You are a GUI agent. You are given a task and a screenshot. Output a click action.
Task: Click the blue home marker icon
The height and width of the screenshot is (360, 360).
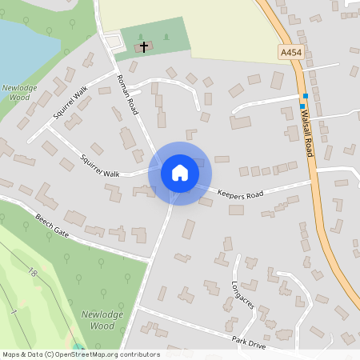(x=180, y=172)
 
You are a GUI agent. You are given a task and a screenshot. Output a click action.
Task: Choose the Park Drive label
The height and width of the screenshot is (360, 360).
(x=249, y=342)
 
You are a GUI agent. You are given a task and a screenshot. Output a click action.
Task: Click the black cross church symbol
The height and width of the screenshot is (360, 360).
(x=144, y=47)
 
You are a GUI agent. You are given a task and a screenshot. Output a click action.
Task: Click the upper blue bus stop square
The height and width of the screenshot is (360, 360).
(x=306, y=96)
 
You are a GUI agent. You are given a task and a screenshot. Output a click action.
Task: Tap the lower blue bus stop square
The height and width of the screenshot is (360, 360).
(x=302, y=105)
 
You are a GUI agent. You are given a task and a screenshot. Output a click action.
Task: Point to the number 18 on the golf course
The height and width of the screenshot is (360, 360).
(x=33, y=273)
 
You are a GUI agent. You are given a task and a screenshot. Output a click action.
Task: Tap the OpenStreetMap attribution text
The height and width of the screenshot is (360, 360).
(x=80, y=354)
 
